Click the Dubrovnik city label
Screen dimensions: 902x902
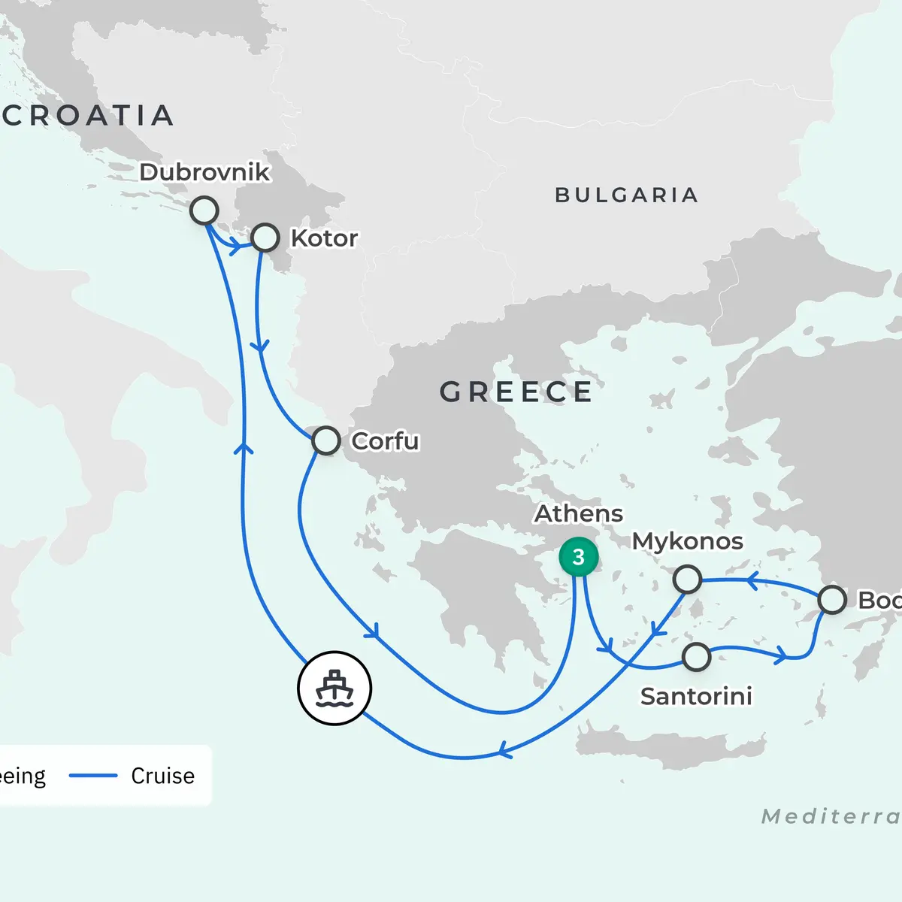click(x=204, y=172)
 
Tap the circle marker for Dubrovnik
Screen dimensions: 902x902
click(x=204, y=210)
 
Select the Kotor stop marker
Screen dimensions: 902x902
click(x=265, y=238)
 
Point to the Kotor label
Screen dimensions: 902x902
click(x=324, y=238)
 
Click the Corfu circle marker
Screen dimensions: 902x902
click(x=325, y=440)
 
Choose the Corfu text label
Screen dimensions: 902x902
click(x=385, y=441)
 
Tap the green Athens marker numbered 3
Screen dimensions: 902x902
click(x=578, y=557)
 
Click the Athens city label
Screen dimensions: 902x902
click(x=579, y=514)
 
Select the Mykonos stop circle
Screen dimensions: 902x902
click(x=687, y=580)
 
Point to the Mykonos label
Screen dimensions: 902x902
click(x=687, y=541)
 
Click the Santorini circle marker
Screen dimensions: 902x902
click(x=697, y=657)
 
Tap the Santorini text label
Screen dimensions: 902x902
click(x=696, y=697)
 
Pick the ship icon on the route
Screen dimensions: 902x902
click(x=334, y=688)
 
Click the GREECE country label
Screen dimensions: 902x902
click(x=516, y=392)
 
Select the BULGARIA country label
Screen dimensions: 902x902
click(x=627, y=195)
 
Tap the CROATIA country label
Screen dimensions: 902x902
click(x=89, y=116)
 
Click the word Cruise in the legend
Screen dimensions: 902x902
click(x=162, y=776)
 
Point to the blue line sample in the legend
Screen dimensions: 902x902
click(x=93, y=776)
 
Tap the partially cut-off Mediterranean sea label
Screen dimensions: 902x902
click(x=831, y=816)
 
